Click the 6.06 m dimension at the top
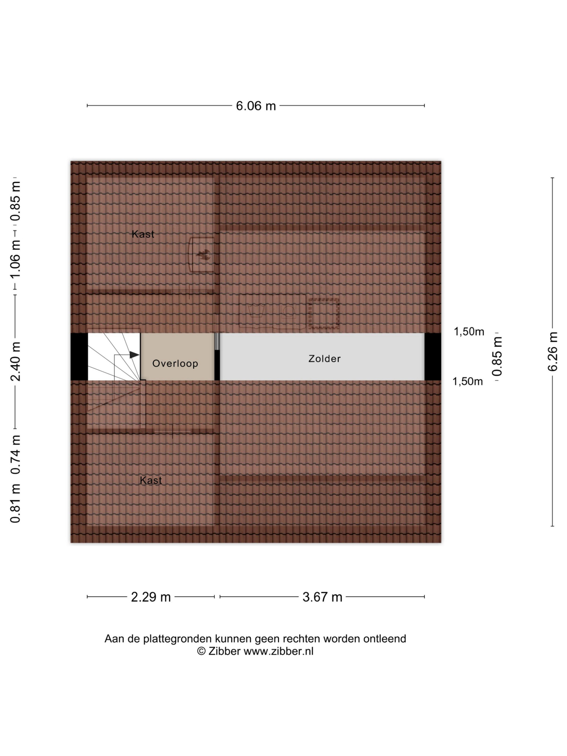pyautogui.click(x=256, y=106)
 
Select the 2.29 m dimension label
pyautogui.click(x=151, y=597)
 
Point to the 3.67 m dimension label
pyautogui.click(x=322, y=597)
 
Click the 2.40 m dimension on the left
pyautogui.click(x=15, y=361)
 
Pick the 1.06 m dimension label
pyautogui.click(x=15, y=259)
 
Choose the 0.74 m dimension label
pyautogui.click(x=15, y=455)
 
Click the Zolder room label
pyautogui.click(x=324, y=359)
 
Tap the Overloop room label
pyautogui.click(x=175, y=363)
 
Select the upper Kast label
pyautogui.click(x=143, y=234)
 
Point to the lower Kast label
pyautogui.click(x=151, y=480)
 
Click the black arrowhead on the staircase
pyautogui.click(x=134, y=355)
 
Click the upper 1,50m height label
pyautogui.click(x=469, y=332)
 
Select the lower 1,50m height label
pyautogui.click(x=467, y=382)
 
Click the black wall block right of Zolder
pyautogui.click(x=433, y=357)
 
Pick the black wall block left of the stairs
pyautogui.click(x=79, y=357)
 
